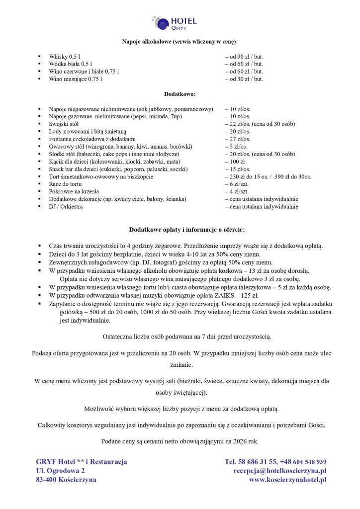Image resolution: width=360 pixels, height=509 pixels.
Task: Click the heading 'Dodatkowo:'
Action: pos(180,93)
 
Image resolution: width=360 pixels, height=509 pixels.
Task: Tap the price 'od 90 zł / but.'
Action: pos(244,57)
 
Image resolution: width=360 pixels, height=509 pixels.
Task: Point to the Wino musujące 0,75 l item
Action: pos(76,79)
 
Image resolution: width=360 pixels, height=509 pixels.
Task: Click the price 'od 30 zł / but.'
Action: pos(244,79)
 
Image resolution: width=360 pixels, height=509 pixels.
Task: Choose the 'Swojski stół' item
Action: pos(64,124)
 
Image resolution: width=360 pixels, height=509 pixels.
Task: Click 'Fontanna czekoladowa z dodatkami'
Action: pos(92,139)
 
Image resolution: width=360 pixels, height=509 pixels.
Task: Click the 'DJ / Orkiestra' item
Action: pos(66,206)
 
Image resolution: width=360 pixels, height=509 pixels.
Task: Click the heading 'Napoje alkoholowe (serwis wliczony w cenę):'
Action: pos(180,41)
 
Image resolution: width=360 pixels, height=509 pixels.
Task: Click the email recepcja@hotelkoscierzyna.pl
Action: pos(280,471)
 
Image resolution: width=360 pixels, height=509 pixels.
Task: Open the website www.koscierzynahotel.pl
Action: pos(287,480)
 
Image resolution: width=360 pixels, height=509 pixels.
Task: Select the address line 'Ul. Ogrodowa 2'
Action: pos(60,471)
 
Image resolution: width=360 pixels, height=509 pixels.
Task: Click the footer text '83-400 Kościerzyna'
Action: pos(66,480)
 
